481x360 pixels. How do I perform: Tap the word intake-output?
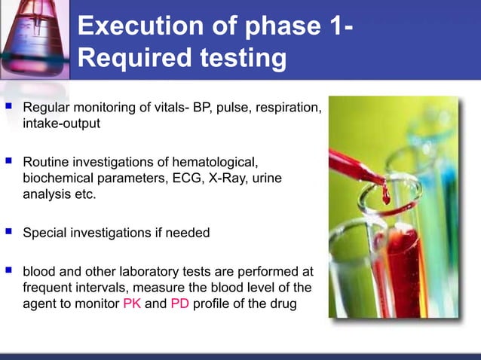tap(61, 124)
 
